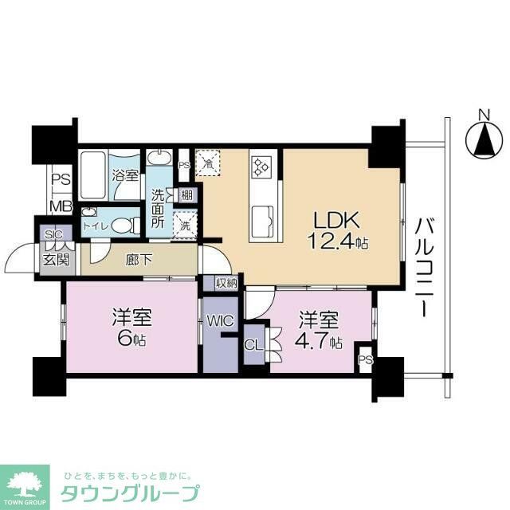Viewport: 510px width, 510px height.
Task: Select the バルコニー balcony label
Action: point(422,256)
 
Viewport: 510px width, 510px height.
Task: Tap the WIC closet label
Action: point(219,321)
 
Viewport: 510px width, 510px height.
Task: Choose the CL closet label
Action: point(252,346)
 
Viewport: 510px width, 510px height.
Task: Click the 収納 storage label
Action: point(226,283)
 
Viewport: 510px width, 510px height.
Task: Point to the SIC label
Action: point(53,235)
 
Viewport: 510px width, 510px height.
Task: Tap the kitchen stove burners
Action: point(261,168)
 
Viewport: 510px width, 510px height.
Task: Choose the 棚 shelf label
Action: point(185,194)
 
